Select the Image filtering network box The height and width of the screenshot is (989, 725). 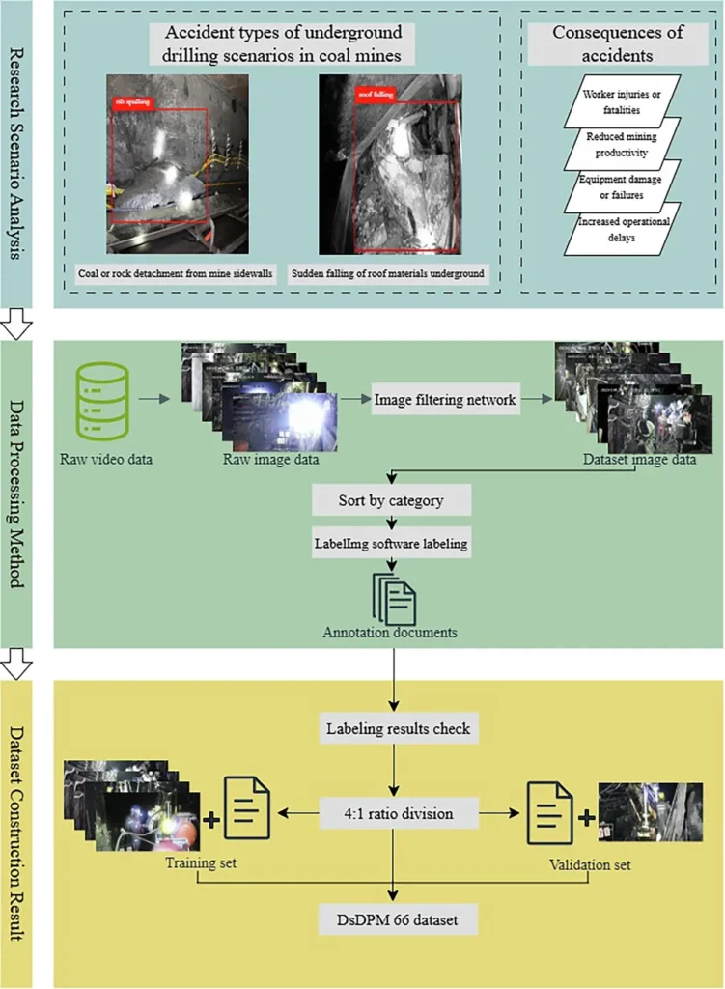(446, 399)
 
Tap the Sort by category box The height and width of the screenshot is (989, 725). (391, 501)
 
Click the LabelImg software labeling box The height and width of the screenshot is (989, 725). (391, 543)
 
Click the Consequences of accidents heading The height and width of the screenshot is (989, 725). (618, 42)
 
